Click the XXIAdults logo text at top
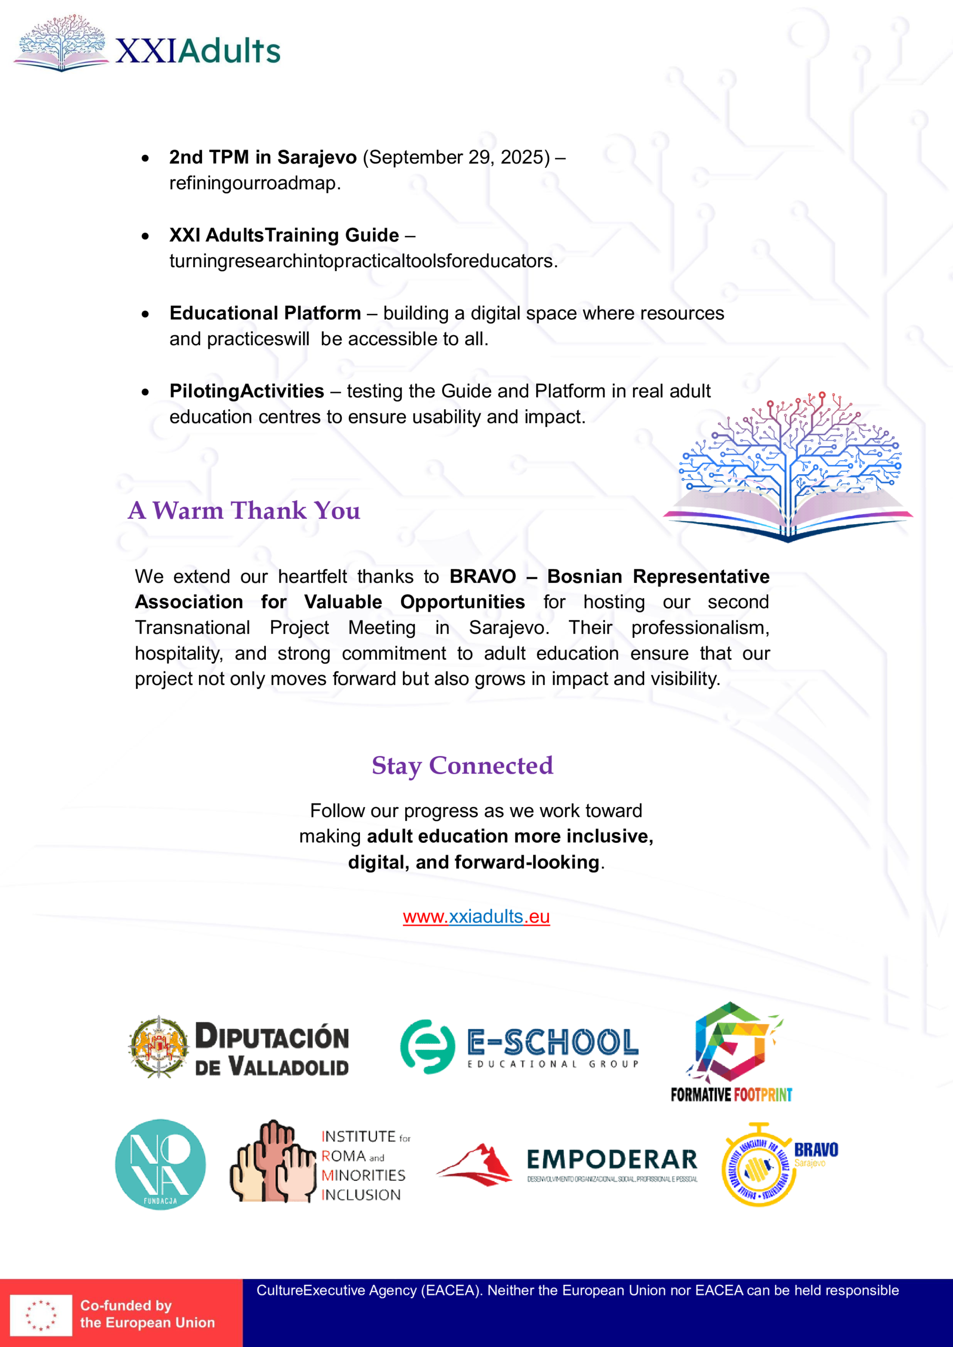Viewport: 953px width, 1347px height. coord(198,51)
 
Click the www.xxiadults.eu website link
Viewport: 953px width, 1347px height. coord(476,917)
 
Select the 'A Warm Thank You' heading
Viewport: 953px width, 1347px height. coord(244,510)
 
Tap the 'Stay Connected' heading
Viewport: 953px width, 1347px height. coord(462,766)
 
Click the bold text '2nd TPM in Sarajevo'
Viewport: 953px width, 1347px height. coord(263,157)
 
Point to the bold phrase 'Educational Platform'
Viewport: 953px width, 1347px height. coord(265,313)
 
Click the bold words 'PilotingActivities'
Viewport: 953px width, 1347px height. coord(246,391)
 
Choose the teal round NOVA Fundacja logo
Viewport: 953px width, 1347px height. coord(160,1164)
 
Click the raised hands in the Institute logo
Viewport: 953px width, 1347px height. coord(273,1163)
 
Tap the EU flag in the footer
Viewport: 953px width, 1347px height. coord(41,1315)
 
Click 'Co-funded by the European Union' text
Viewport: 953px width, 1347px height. coord(147,1314)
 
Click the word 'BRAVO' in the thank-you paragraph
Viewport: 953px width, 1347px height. coord(483,577)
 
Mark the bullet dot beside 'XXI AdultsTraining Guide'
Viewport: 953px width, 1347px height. coord(145,236)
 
